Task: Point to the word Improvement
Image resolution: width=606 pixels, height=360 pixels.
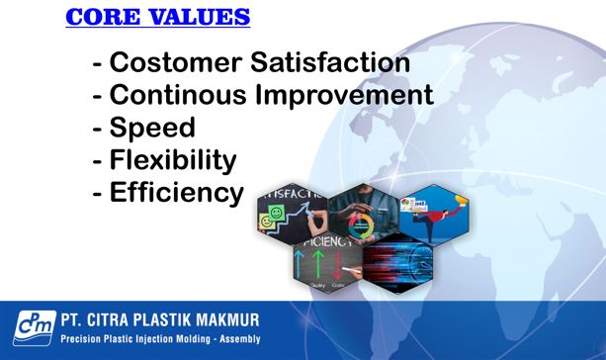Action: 346,96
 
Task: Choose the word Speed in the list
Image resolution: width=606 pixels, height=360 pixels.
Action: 152,128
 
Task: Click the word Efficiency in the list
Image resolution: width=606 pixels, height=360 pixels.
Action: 176,192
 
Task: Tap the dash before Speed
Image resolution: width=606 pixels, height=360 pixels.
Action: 97,129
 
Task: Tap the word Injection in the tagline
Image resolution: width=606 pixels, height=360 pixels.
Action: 150,339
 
